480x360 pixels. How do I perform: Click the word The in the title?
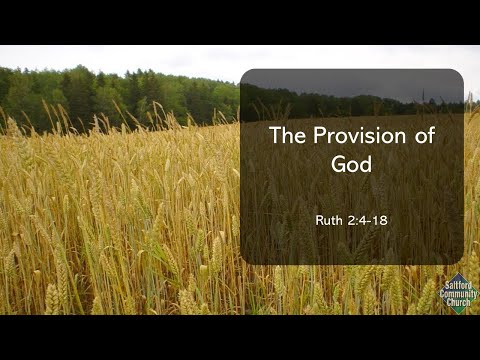click(x=288, y=137)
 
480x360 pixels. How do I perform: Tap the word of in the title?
click(x=424, y=137)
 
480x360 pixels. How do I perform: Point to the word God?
click(x=351, y=164)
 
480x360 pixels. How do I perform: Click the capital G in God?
click(x=337, y=164)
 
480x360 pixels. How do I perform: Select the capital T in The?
click(x=275, y=137)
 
